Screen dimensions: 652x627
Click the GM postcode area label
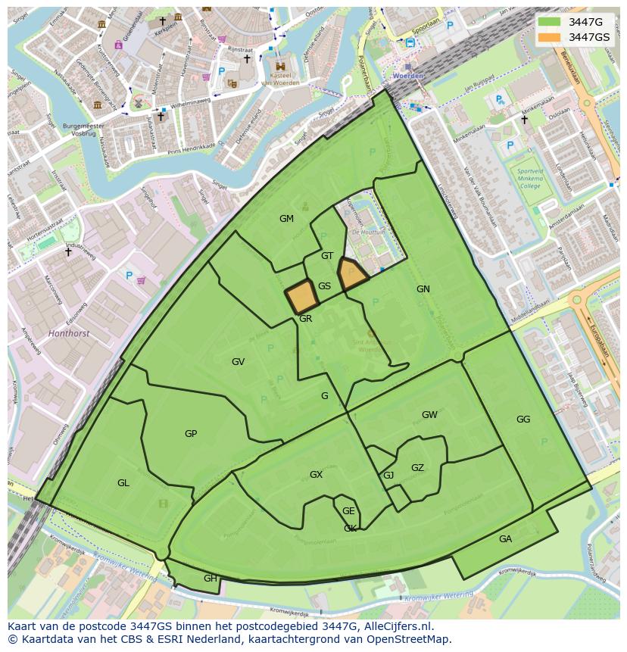coord(286,219)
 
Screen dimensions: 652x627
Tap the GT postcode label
coord(327,256)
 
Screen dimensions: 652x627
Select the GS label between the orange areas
coord(324,286)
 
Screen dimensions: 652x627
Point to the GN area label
coord(423,289)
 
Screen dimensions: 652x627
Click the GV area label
coord(238,362)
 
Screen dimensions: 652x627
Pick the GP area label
coord(191,434)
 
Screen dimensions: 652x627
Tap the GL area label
coord(123,483)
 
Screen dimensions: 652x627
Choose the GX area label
coord(316,475)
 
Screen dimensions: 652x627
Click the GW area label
coord(429,415)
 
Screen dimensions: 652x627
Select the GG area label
coord(523,420)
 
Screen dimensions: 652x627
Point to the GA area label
coord(505,539)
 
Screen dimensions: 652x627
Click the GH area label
coord(210,578)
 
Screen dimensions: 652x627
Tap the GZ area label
coord(417,468)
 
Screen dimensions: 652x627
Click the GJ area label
coord(388,476)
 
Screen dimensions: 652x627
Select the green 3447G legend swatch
coord(550,22)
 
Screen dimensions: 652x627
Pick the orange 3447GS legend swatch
coord(550,37)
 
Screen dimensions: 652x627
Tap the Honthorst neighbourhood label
coord(68,333)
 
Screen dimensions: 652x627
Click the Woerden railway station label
coord(407,76)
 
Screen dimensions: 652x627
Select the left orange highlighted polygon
coord(301,296)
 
